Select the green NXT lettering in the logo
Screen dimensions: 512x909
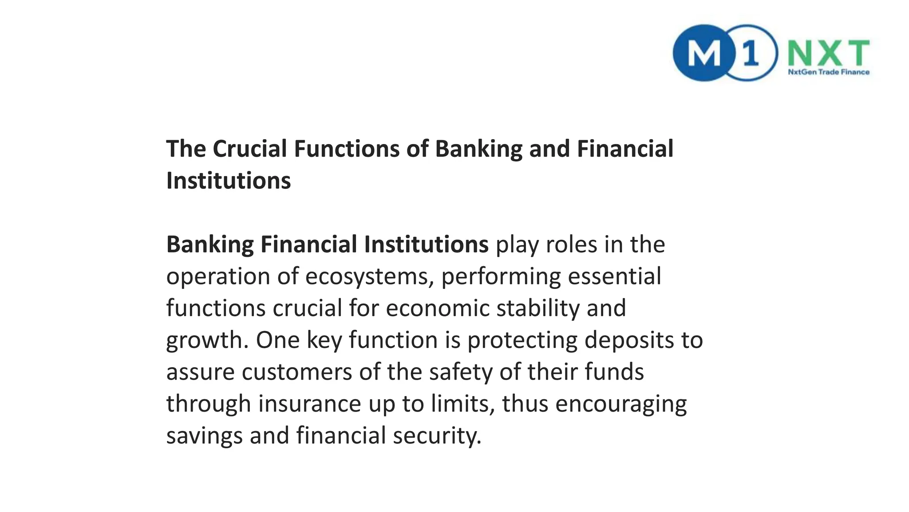828,52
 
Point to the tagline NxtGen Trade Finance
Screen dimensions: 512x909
828,72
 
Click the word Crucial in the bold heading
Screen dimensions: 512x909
249,148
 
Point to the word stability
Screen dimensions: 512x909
538,308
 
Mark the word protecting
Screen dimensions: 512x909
522,340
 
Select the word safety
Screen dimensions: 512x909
460,372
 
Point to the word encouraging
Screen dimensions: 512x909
621,404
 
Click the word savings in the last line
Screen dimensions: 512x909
204,436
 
